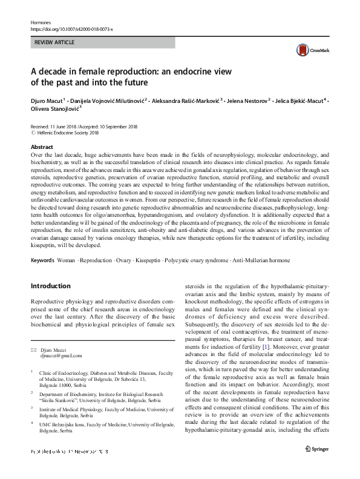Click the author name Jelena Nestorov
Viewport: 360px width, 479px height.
pos(248,99)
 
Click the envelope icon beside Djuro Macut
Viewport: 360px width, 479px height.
pos(34,349)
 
